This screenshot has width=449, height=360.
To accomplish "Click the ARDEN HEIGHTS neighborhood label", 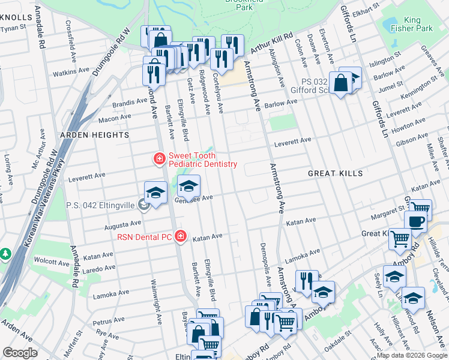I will pos(94,135).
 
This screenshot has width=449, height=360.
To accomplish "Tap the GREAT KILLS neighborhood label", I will pos(335,173).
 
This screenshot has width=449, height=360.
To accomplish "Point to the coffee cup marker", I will pos(415,221).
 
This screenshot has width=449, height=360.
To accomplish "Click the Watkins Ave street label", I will pos(71,72).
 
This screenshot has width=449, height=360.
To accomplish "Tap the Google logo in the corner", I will pos(20,353).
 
